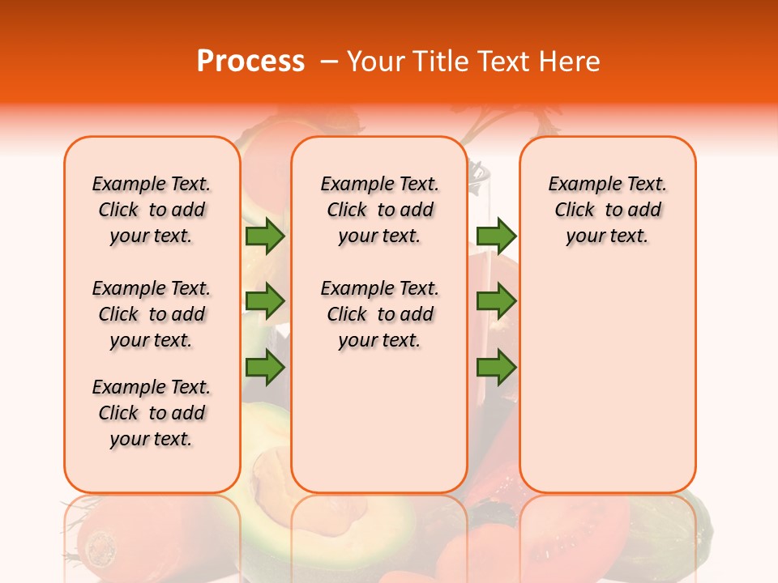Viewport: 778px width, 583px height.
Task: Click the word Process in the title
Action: point(250,62)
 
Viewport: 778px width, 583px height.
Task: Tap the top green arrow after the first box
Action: point(265,236)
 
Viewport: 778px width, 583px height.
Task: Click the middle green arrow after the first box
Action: point(265,301)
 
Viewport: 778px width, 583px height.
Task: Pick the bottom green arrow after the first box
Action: point(265,368)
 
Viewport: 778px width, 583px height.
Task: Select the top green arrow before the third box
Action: point(496,236)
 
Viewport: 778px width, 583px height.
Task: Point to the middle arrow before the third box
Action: point(496,301)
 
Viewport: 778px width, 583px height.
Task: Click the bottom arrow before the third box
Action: point(496,368)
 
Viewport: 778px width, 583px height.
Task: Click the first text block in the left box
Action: point(152,210)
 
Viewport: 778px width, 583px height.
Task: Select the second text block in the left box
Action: point(152,314)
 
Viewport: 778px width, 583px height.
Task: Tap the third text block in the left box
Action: point(152,413)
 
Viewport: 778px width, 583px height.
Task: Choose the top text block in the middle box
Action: point(379,210)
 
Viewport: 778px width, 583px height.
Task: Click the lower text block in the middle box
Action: point(379,314)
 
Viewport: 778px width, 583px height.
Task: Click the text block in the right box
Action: point(607,210)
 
